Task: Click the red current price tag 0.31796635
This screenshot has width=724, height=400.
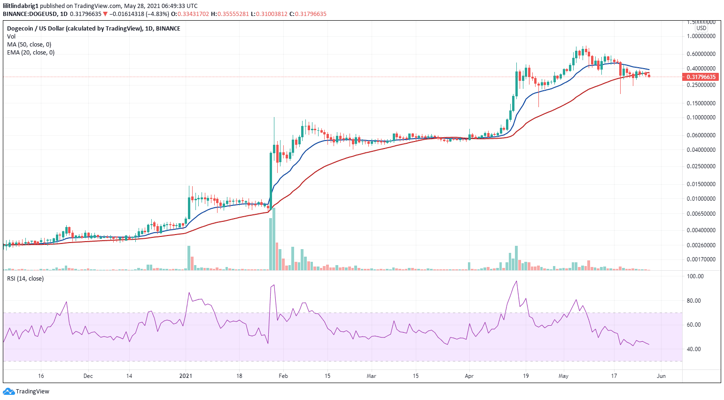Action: tap(701, 77)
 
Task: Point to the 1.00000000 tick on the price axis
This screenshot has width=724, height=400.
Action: tap(701, 36)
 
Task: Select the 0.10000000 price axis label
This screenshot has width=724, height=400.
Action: tap(701, 118)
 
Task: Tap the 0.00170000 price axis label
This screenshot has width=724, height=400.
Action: tap(701, 259)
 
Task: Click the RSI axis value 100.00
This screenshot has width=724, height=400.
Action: tap(695, 276)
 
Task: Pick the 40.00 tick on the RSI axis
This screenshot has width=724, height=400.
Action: tap(694, 349)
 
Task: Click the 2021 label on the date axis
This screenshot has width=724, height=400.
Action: tap(186, 376)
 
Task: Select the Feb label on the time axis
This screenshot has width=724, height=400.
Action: tap(283, 376)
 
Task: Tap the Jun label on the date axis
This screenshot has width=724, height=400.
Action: tap(661, 376)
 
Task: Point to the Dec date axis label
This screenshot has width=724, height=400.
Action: tap(88, 376)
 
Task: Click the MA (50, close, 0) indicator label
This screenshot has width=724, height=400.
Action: tap(29, 45)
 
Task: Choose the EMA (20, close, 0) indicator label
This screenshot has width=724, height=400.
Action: tap(31, 53)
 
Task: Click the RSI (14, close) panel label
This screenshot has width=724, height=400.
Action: tap(25, 279)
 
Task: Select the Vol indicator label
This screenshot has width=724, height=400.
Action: tap(11, 37)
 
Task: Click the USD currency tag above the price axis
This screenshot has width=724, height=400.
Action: tap(701, 28)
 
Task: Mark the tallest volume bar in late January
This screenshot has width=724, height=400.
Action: tap(274, 239)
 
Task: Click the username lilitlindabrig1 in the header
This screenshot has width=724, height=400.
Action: tap(21, 6)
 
